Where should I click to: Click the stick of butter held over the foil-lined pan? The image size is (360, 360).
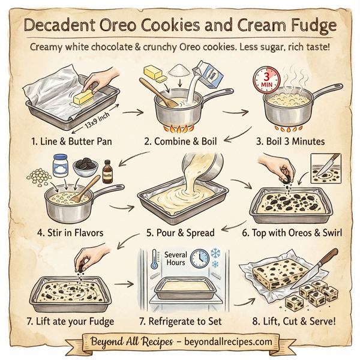(84, 95)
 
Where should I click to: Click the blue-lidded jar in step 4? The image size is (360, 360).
(60, 164)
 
